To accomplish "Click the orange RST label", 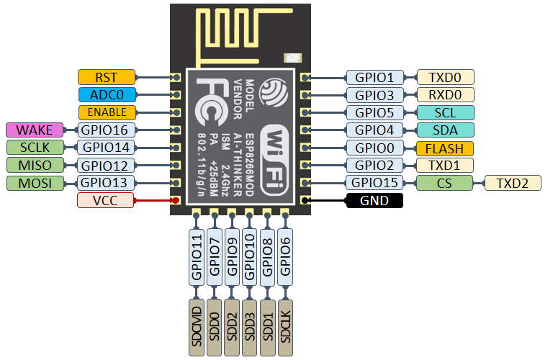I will click(x=106, y=77).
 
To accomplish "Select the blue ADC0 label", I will click(x=106, y=94).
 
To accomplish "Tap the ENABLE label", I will click(x=106, y=112).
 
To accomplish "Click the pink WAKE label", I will click(x=35, y=130).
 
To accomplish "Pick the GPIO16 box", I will click(x=106, y=130).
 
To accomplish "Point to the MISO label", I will click(x=35, y=165).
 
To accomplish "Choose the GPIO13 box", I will click(x=106, y=182).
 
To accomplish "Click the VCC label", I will click(x=106, y=200).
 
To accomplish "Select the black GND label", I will click(x=374, y=200).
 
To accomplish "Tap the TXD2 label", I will click(x=513, y=183).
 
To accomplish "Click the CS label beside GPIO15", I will click(x=445, y=183).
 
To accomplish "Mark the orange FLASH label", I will click(x=445, y=148).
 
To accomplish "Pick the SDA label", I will click(x=445, y=130).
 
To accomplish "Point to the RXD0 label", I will click(x=445, y=95).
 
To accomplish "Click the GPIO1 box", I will click(x=374, y=77).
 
